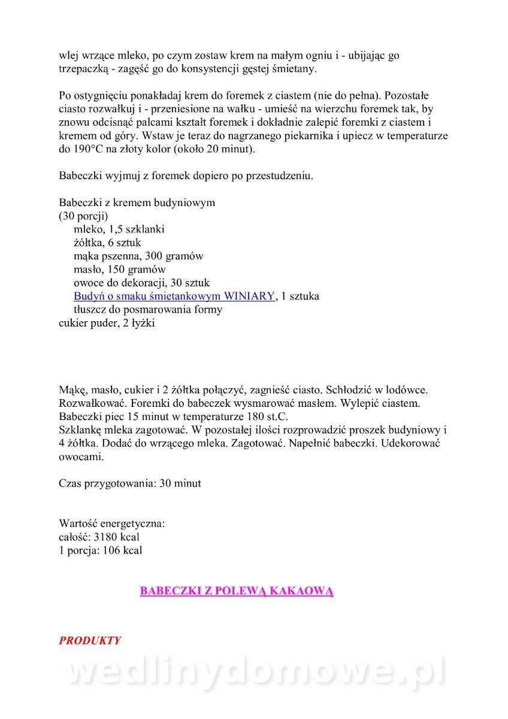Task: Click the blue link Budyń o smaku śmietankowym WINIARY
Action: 174,297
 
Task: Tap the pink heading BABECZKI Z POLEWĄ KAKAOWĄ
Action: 237,591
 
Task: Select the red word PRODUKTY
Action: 90,641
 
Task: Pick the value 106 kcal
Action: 122,550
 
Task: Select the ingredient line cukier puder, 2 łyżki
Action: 107,323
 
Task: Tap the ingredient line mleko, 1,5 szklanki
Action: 119,229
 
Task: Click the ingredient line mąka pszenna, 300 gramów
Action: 138,256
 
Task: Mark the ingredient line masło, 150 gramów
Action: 120,270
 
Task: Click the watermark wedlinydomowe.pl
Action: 255,672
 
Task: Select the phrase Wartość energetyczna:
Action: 112,523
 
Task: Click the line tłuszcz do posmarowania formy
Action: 148,310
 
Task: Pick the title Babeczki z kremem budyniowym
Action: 137,203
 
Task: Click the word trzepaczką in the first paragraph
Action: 84,69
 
